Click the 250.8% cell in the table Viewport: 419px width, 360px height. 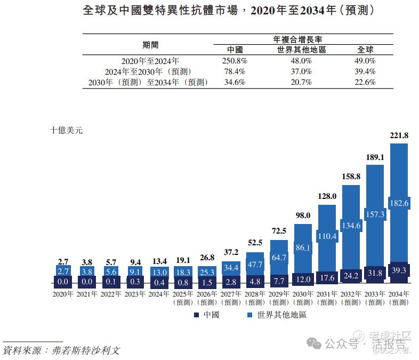pyautogui.click(x=235, y=61)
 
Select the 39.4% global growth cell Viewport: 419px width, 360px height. pyautogui.click(x=365, y=71)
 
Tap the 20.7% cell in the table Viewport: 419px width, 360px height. pyautogui.click(x=301, y=82)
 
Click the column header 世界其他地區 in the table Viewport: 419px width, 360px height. pyautogui.click(x=301, y=50)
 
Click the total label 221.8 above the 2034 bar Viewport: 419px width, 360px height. pyautogui.click(x=399, y=135)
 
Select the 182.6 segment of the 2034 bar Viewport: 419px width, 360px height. pyautogui.click(x=399, y=203)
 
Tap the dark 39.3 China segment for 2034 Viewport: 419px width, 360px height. pyautogui.click(x=399, y=271)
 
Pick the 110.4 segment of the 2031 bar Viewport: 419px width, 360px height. pyautogui.click(x=327, y=236)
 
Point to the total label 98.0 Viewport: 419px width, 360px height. pyautogui.click(x=303, y=215)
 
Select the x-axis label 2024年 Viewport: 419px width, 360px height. pyautogui.click(x=159, y=294)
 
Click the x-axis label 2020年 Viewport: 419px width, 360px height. pyautogui.click(x=63, y=294)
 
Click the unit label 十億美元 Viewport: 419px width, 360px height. pyautogui.click(x=67, y=130)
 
